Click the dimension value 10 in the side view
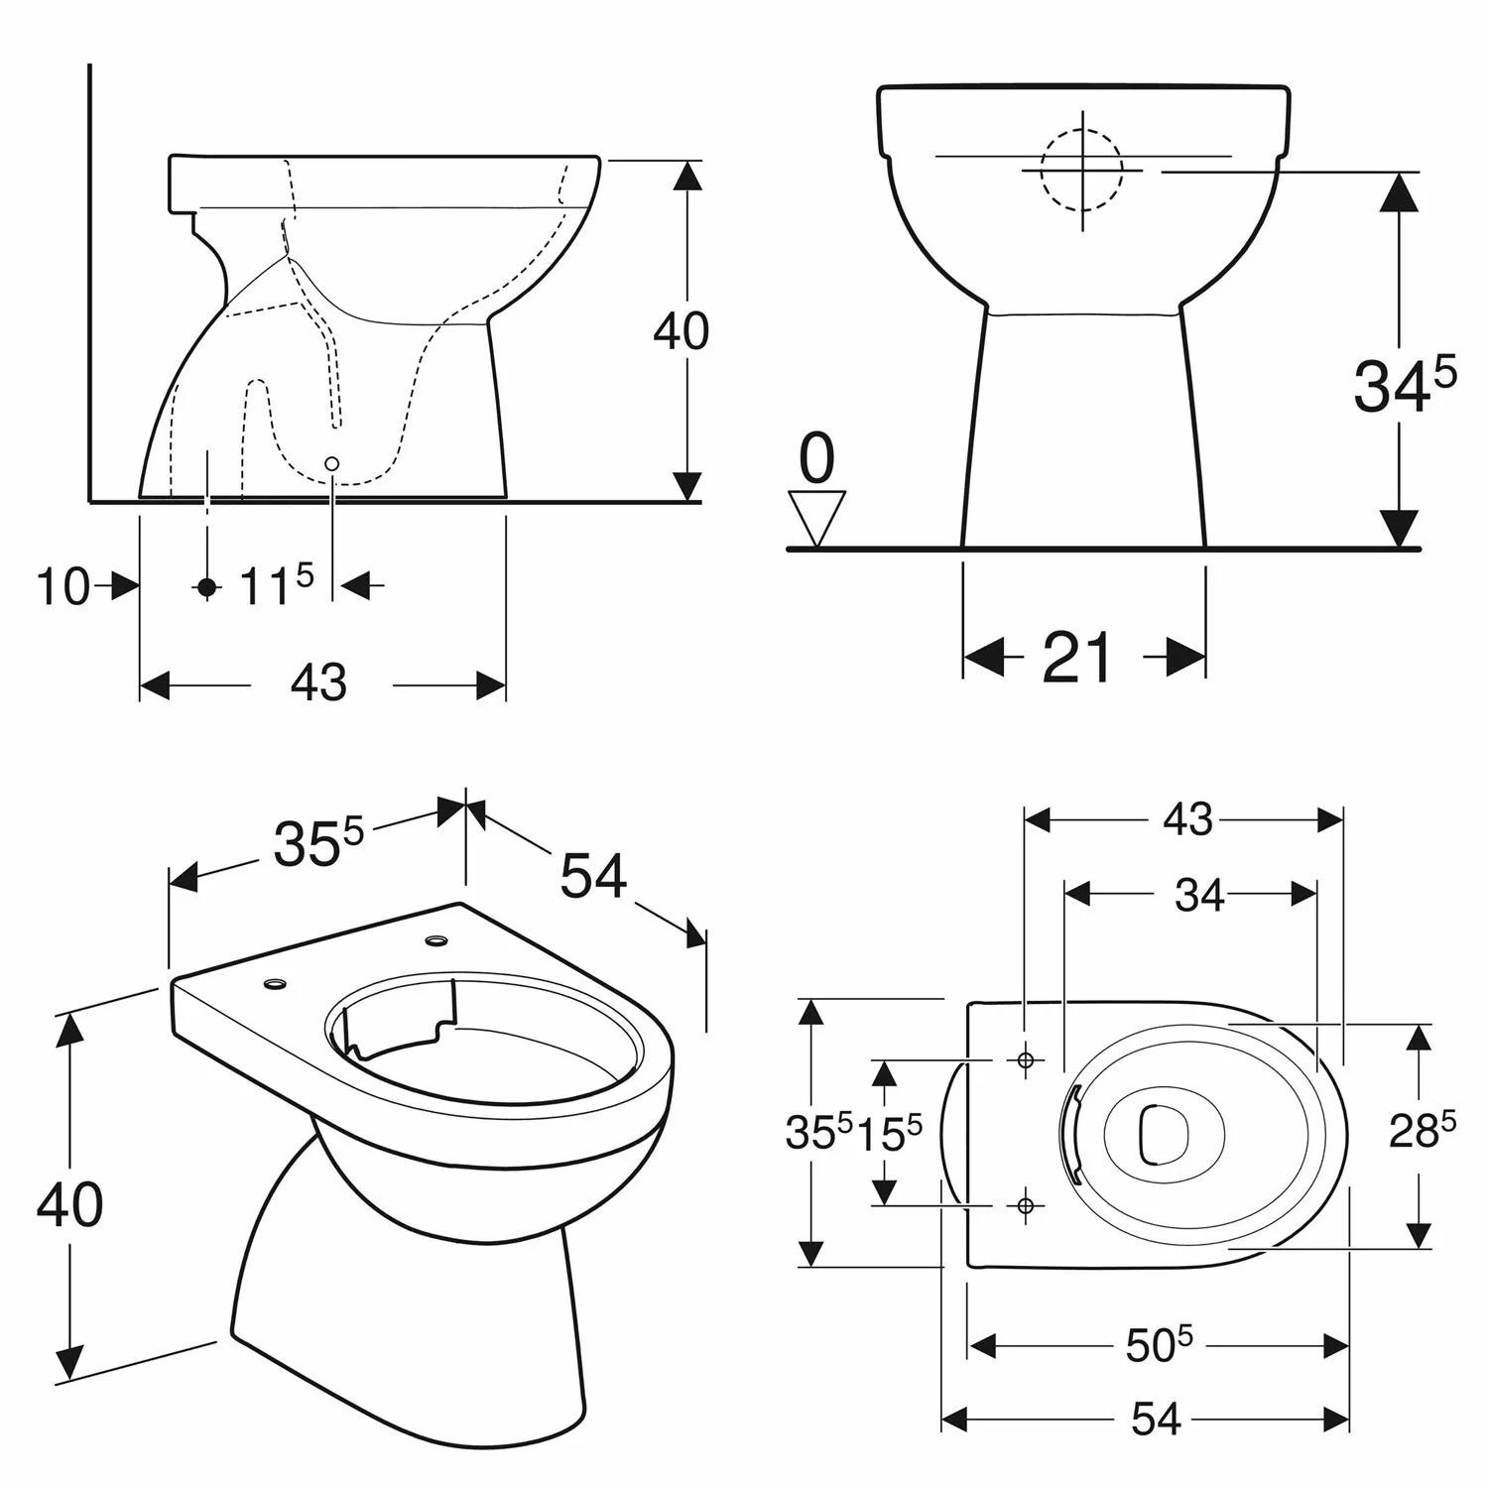[62, 586]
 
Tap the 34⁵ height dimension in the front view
[1403, 385]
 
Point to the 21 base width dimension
[1078, 657]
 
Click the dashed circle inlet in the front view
[1081, 170]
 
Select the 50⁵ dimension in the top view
[1158, 1345]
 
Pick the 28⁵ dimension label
[1422, 1131]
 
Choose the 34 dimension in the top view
[1198, 896]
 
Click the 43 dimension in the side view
[319, 683]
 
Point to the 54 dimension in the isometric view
[593, 876]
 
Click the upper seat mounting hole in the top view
[1026, 1060]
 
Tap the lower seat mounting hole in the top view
[1026, 1204]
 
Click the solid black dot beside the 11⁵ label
[206, 587]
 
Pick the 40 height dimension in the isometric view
[69, 1204]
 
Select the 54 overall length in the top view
[1156, 1420]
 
